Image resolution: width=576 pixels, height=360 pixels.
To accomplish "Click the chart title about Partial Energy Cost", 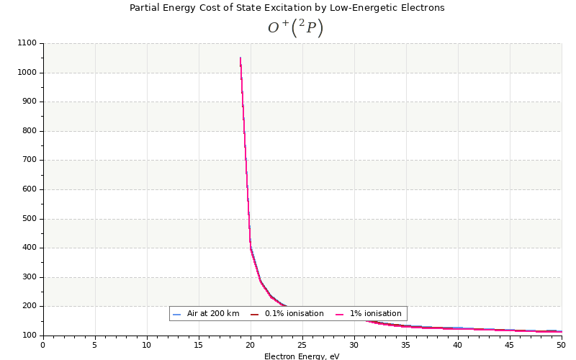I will click(x=287, y=8).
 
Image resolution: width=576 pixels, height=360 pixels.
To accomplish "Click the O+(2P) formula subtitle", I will click(x=295, y=28).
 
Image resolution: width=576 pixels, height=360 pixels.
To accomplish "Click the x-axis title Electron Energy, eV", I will click(x=302, y=356).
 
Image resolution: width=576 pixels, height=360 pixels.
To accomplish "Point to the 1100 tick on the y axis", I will click(x=26, y=44).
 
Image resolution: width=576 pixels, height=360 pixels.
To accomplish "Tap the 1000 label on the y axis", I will click(x=26, y=73).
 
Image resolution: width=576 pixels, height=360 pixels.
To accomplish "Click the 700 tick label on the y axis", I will click(x=28, y=160).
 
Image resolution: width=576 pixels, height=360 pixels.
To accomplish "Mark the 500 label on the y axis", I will click(x=28, y=219).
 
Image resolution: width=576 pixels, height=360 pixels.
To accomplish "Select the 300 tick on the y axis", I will click(x=28, y=277).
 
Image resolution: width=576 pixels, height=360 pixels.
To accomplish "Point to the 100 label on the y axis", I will click(x=28, y=336).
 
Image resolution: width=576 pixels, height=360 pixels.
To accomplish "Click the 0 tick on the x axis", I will click(x=42, y=345).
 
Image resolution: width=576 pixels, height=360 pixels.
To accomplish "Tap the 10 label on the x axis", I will click(x=147, y=345).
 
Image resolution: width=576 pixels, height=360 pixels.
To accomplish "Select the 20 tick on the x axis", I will click(x=251, y=345).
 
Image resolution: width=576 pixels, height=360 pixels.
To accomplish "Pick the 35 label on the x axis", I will click(x=406, y=345).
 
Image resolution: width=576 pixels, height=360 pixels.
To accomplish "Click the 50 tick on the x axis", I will click(x=562, y=345).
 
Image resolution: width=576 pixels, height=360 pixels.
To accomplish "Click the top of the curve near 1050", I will click(x=240, y=58).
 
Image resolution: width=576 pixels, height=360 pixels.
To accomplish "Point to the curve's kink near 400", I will click(x=251, y=248).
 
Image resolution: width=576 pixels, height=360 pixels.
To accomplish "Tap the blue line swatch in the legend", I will click(x=177, y=314).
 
